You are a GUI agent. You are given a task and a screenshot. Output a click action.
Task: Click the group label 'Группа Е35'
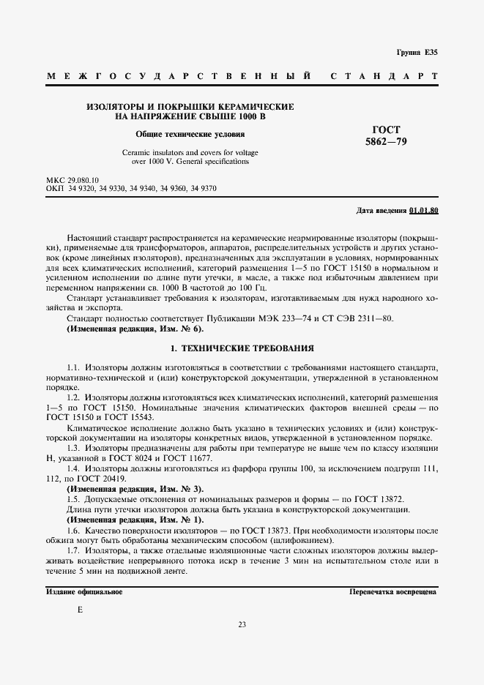[x=417, y=53]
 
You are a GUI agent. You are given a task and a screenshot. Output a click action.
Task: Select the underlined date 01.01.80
[x=423, y=211]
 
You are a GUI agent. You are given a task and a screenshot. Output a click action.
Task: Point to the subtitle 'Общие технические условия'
[x=190, y=134]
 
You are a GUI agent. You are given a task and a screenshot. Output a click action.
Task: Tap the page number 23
[x=242, y=624]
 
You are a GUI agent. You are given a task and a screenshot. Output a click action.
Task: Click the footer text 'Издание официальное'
[x=83, y=591]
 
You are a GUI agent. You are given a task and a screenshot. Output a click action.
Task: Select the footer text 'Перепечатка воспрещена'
[x=393, y=591]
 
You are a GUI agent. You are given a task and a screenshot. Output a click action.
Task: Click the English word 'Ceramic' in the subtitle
[x=136, y=152]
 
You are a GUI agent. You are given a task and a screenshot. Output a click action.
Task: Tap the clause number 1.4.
[x=73, y=468]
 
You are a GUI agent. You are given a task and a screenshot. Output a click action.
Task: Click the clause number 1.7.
[x=73, y=550]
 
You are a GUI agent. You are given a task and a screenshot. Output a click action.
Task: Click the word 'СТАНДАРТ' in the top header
[x=384, y=77]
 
